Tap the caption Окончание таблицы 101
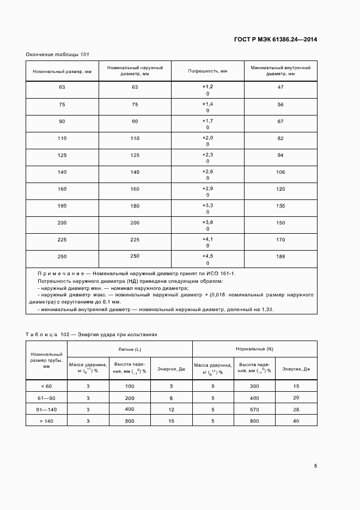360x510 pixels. click(x=58, y=54)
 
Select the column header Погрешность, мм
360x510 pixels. click(x=208, y=71)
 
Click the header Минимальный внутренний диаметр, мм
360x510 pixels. click(x=280, y=71)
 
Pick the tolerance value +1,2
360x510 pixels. click(x=208, y=87)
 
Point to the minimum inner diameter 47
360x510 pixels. click(x=280, y=87)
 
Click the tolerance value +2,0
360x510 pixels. click(x=208, y=138)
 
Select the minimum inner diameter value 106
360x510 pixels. click(x=280, y=172)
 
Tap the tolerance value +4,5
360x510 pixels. click(x=208, y=256)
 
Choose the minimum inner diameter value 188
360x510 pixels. click(x=280, y=257)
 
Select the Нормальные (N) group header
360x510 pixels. click(x=254, y=348)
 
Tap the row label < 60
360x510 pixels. click(x=47, y=386)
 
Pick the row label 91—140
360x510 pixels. click(x=47, y=409)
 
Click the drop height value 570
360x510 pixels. click(x=254, y=409)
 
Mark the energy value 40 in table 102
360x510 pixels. click(x=296, y=421)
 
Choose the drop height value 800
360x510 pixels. click(x=254, y=421)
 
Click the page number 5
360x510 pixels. click(x=315, y=466)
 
